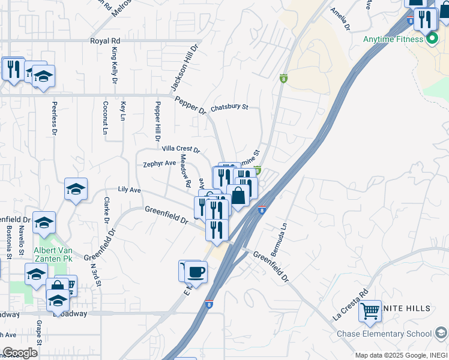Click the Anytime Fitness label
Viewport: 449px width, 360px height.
tap(393, 40)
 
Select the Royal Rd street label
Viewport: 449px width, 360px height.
tap(105, 41)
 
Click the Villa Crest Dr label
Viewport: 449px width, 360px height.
tap(181, 148)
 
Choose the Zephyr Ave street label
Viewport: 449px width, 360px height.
tap(159, 163)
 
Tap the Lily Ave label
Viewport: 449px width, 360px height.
tap(129, 190)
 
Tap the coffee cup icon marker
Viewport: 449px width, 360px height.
tap(196, 272)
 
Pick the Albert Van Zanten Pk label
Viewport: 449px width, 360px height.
tap(52, 254)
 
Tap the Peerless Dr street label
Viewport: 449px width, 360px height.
tap(53, 116)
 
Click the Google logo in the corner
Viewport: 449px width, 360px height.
tap(20, 353)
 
